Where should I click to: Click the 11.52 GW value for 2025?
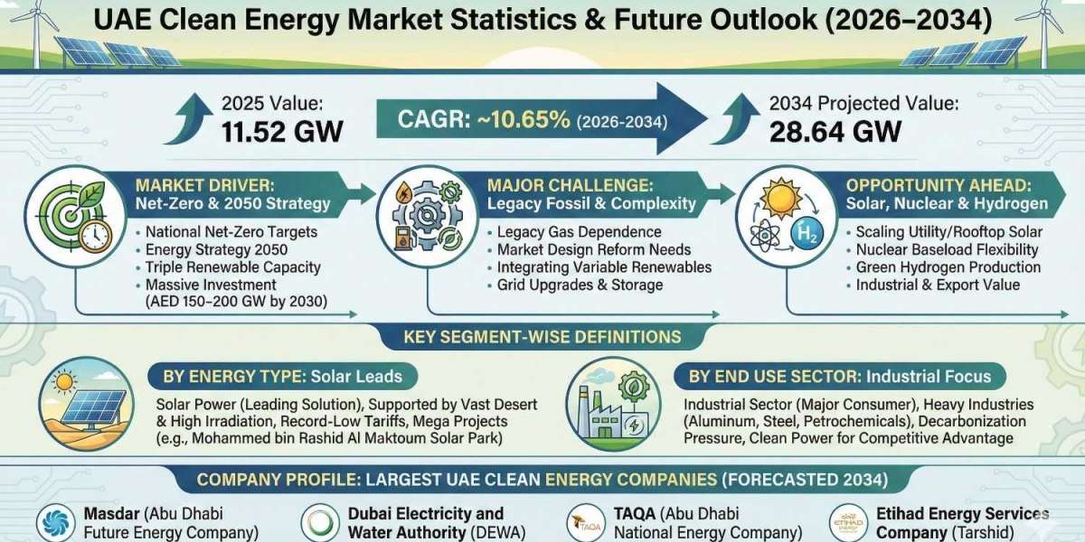coord(282,131)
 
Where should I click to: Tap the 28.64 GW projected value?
coord(835,131)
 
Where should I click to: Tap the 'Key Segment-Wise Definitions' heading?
coord(542,337)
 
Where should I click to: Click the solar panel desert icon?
coord(85,404)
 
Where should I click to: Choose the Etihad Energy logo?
coord(849,523)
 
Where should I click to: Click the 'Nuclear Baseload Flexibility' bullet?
coord(947,249)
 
